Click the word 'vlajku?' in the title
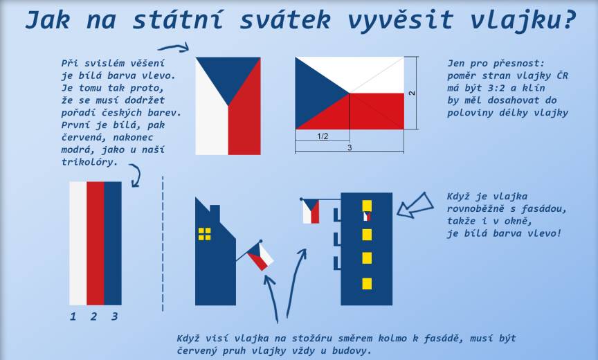point(522,20)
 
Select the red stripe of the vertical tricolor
point(96,243)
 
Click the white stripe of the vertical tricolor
point(78,243)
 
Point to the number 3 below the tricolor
point(114,316)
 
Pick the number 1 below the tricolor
point(73,316)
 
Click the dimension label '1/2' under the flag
point(323,136)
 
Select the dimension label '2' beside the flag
point(412,93)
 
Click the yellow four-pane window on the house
point(204,234)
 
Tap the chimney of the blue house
point(215,213)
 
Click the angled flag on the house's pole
point(260,257)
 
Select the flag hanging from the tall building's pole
point(311,211)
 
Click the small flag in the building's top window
point(367,216)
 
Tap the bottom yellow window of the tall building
point(367,284)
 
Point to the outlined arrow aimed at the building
point(415,206)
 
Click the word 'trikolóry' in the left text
point(87,162)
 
